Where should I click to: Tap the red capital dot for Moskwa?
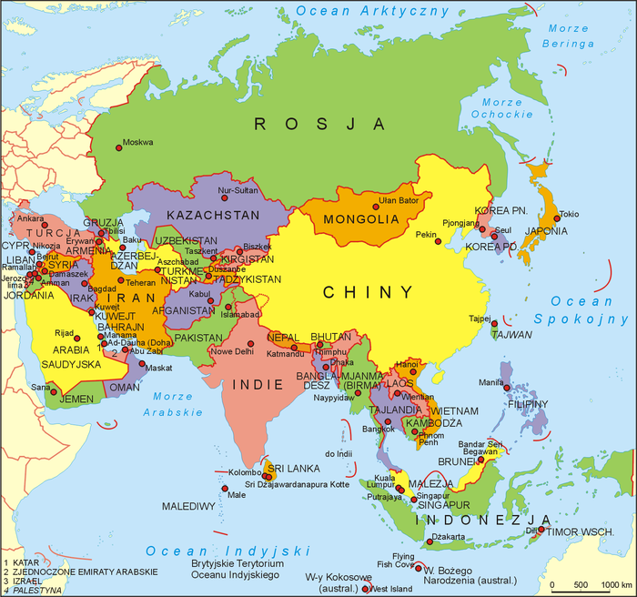[119, 142]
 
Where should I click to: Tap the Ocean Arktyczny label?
[373, 12]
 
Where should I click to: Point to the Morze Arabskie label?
[172, 404]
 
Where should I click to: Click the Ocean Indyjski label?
[228, 551]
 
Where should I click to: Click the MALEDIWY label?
[188, 505]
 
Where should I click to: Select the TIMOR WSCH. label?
[581, 529]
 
